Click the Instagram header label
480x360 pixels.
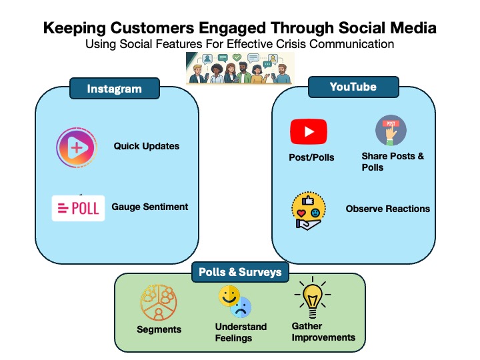click(x=115, y=89)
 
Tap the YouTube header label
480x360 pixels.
click(x=353, y=87)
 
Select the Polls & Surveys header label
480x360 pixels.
click(x=240, y=272)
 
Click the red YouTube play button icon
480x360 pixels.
click(x=309, y=131)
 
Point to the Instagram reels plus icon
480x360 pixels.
click(x=77, y=147)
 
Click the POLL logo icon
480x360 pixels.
click(x=79, y=208)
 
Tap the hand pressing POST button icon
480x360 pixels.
click(x=391, y=131)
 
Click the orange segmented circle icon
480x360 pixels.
click(x=158, y=302)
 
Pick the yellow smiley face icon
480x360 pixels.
click(x=229, y=295)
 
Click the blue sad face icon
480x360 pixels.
click(x=241, y=307)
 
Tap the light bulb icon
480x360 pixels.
click(x=311, y=301)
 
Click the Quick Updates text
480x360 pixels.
click(x=146, y=146)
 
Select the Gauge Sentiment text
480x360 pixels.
click(x=150, y=207)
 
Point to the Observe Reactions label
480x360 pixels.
click(x=387, y=209)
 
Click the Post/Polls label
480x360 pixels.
click(x=307, y=157)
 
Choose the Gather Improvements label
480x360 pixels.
click(x=323, y=332)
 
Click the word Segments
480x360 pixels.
click(x=159, y=329)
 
